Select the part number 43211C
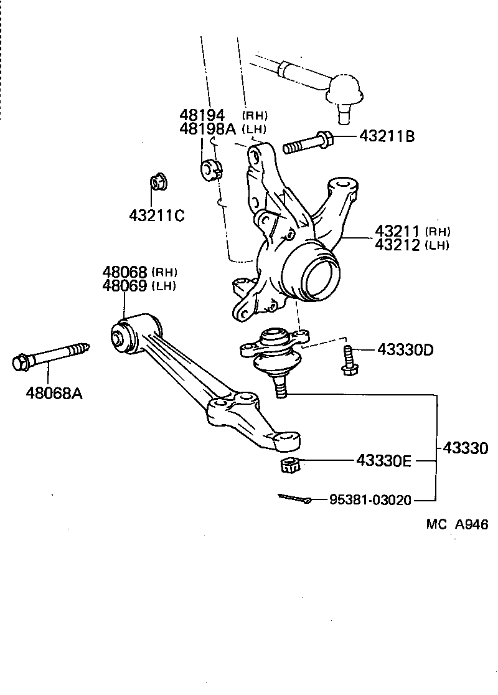click(157, 215)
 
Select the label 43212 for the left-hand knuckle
click(398, 245)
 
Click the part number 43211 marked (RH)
click(398, 232)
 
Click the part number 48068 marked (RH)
click(125, 272)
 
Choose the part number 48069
click(125, 286)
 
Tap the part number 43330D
click(405, 350)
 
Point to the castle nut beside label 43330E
click(287, 464)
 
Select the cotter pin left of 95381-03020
click(294, 498)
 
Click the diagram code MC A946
click(457, 524)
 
